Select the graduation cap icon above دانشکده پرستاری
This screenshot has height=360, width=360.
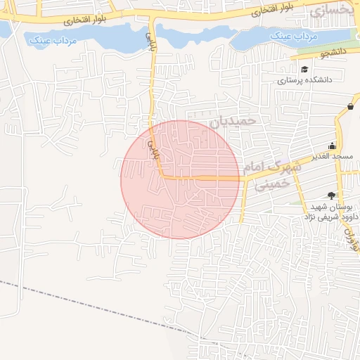click(305, 69)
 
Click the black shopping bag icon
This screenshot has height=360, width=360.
click(350, 106)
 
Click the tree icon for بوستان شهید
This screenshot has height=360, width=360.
click(331, 196)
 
